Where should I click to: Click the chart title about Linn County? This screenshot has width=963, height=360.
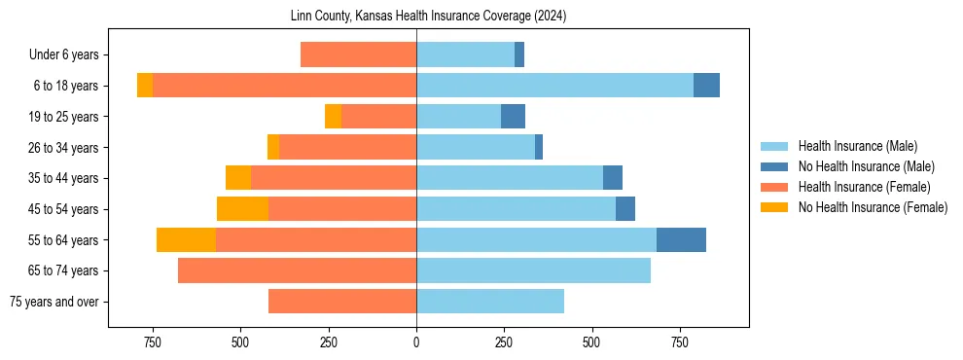(x=428, y=17)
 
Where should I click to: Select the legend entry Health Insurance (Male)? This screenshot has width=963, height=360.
(x=857, y=146)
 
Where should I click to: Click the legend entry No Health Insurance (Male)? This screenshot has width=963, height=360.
(x=866, y=166)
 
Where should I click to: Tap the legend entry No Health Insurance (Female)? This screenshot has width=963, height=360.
(x=873, y=207)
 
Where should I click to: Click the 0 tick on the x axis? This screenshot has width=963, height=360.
(x=416, y=342)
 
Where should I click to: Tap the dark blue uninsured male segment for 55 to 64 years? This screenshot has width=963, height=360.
(x=681, y=239)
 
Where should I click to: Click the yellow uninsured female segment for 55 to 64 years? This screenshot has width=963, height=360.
(x=186, y=239)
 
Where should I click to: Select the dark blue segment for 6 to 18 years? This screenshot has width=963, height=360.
(x=706, y=86)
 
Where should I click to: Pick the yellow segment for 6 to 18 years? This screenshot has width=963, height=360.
(x=145, y=86)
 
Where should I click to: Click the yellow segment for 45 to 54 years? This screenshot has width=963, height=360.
(x=242, y=209)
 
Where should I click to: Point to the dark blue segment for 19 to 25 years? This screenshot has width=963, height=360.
(x=513, y=117)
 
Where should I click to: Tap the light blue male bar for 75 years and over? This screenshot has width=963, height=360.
(x=490, y=302)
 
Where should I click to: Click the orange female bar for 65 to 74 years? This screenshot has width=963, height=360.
(x=297, y=270)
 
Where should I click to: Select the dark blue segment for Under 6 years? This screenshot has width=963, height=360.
(x=519, y=55)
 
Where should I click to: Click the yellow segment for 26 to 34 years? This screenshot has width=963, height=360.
(x=273, y=147)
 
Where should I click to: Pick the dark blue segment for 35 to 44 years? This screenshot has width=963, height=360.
(x=613, y=178)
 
